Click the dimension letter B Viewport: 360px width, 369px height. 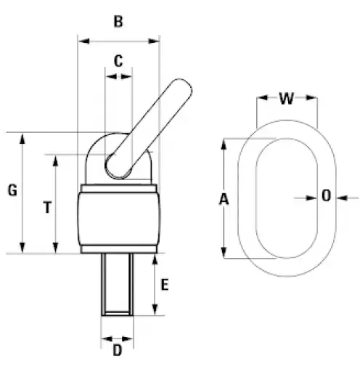118,22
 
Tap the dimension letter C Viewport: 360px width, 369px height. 118,61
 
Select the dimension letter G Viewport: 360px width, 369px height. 12,190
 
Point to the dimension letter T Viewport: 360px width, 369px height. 47,208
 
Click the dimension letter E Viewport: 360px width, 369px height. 165,285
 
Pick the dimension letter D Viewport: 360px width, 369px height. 118,350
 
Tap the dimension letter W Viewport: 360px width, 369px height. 287,99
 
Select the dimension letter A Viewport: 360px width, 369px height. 224,200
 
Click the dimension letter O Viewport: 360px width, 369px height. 326,195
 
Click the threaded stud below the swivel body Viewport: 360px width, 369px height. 118,284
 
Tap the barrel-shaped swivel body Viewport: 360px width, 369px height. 118,219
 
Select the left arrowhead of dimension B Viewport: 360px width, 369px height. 83,41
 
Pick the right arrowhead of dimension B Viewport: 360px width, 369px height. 154,41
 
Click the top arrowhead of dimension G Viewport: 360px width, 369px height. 22,139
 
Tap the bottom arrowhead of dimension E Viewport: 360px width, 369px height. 155,309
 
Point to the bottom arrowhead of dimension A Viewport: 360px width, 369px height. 224,253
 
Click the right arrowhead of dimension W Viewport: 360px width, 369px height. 311,98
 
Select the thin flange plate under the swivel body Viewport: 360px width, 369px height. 118,249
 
